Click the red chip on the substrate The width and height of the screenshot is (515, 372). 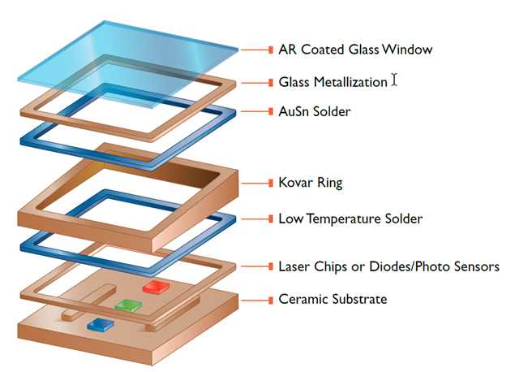[x=155, y=287]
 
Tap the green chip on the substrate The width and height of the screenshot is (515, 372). [x=128, y=306]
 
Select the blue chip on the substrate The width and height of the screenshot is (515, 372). [x=100, y=324]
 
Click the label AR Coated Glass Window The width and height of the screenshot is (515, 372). [x=354, y=50]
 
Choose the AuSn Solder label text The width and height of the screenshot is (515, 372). [x=315, y=111]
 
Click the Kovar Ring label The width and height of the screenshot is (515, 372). [x=311, y=183]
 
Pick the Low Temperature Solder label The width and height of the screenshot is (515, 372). [x=350, y=218]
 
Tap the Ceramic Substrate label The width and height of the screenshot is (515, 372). [x=333, y=300]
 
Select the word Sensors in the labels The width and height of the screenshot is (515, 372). [x=474, y=266]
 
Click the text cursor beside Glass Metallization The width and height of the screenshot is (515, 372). [x=394, y=80]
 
